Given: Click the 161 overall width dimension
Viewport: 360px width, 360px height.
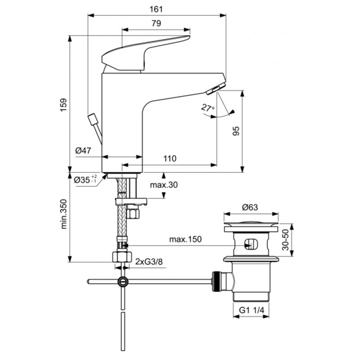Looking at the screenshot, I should (156, 9).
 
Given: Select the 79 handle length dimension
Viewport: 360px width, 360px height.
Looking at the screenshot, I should (156, 23).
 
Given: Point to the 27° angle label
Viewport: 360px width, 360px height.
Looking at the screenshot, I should (207, 108).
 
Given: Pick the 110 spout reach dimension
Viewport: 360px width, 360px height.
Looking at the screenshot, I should (169, 158).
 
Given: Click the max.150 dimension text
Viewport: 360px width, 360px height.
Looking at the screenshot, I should (185, 239).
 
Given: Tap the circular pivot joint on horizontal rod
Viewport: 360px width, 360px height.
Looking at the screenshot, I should (122, 282).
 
